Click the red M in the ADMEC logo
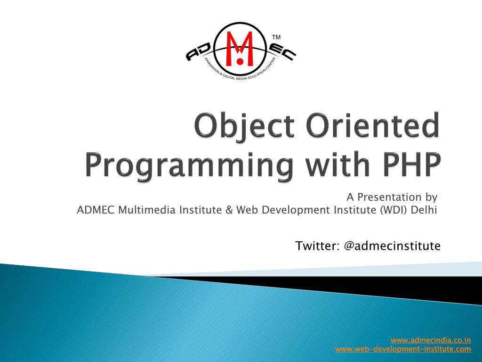(240, 49)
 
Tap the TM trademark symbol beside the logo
(276, 37)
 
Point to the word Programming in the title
(189, 165)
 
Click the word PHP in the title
(412, 164)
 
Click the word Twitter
(317, 246)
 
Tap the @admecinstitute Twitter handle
(392, 246)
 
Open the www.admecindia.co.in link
(431, 340)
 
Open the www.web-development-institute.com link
(403, 349)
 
